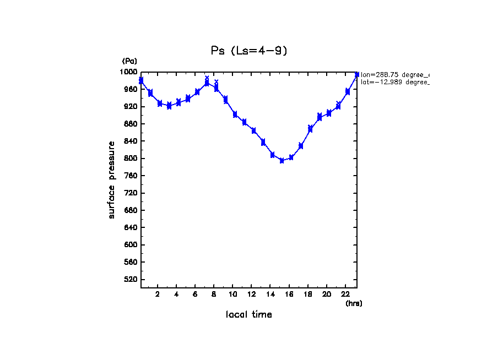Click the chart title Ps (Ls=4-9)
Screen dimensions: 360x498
tap(249, 51)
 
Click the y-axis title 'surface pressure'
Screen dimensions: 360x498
tap(112, 179)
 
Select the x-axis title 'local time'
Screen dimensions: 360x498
tap(249, 315)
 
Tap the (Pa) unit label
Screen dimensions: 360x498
tap(129, 61)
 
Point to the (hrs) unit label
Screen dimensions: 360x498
tap(354, 303)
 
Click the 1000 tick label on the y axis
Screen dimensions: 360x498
tap(129, 72)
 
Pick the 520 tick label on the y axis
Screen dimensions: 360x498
tap(131, 280)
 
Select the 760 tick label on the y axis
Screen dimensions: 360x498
tap(131, 176)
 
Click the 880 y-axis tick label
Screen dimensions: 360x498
tap(131, 124)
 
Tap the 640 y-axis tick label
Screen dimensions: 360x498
tap(131, 228)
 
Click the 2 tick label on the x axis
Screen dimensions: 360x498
tap(158, 294)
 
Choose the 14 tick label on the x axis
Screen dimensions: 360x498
tap(270, 294)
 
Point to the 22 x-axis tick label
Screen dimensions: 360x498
tap(345, 294)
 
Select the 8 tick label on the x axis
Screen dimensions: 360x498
tap(214, 294)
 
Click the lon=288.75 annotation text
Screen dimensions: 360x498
tap(394, 74)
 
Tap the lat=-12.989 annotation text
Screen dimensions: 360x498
tap(394, 81)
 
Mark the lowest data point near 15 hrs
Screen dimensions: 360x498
tap(282, 161)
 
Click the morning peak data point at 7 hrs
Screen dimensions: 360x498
tap(207, 83)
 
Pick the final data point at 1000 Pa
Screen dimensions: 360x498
tap(357, 74)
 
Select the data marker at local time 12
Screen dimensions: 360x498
tap(253, 130)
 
